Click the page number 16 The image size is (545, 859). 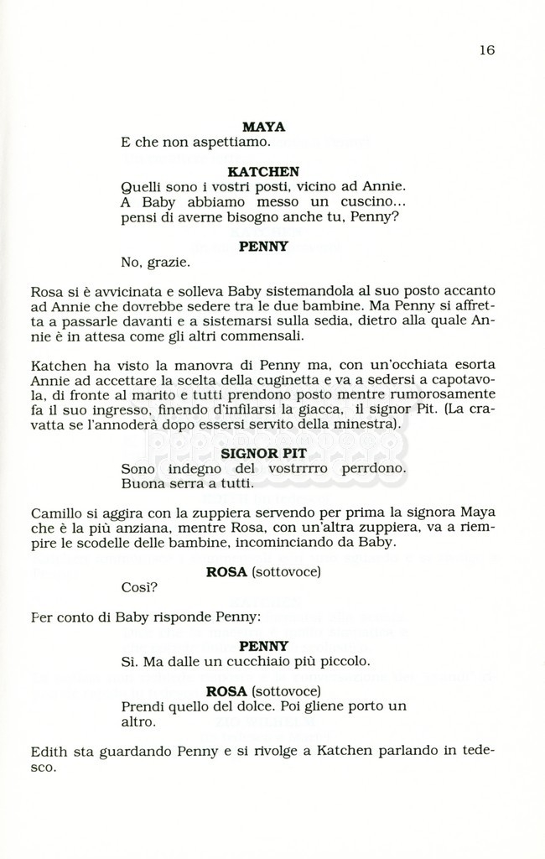click(x=487, y=49)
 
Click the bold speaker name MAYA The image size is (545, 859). click(x=263, y=128)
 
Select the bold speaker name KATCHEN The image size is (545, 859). click(x=263, y=171)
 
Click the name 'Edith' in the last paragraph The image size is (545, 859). click(x=49, y=752)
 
